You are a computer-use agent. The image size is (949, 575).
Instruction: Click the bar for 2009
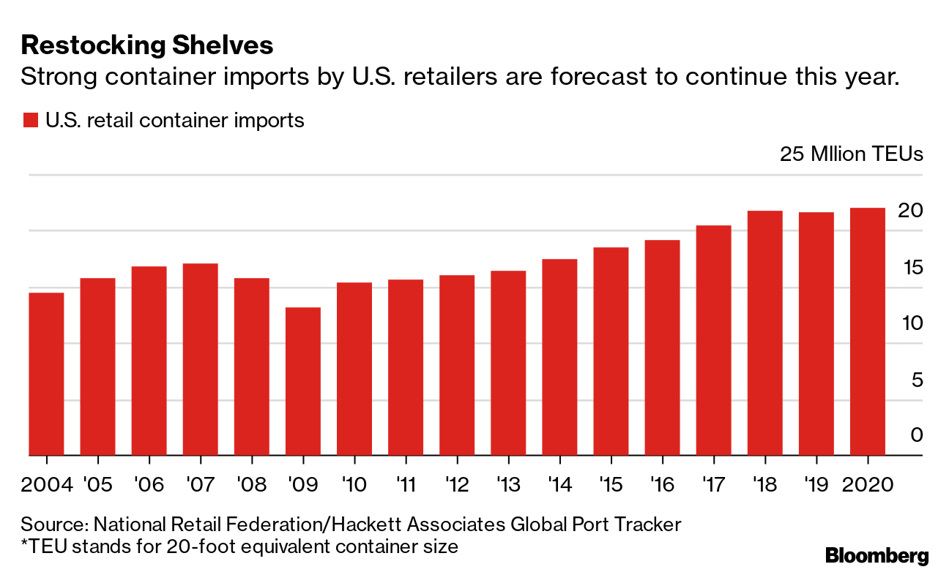click(303, 381)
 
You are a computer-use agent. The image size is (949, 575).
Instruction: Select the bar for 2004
click(46, 374)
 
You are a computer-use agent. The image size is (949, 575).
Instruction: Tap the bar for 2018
click(765, 333)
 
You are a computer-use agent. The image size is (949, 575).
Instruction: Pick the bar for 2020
click(868, 331)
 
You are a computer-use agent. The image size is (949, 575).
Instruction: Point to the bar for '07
click(201, 359)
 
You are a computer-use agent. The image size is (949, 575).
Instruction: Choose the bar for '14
click(559, 357)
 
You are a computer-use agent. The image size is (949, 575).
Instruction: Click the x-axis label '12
click(457, 486)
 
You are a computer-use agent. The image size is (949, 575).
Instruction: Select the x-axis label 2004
click(46, 486)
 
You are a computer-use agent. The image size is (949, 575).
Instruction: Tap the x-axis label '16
click(662, 486)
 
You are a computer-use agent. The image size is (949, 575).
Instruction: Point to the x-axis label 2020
click(868, 486)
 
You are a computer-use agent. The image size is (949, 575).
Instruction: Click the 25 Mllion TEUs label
click(851, 154)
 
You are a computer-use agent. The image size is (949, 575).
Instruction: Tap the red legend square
click(30, 121)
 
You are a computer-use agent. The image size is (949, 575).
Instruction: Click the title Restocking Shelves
click(147, 45)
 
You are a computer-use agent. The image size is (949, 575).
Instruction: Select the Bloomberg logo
click(877, 555)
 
